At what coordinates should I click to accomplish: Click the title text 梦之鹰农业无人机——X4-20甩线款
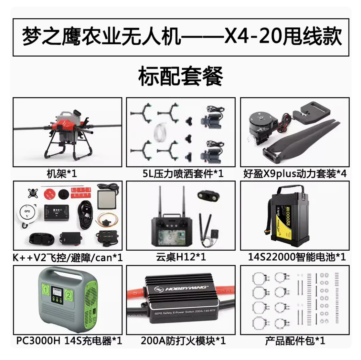pos(181,37)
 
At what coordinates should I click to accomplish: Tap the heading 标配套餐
pos(181,76)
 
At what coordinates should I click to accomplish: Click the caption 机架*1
pos(62,173)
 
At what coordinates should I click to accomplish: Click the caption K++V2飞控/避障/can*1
pos(68,257)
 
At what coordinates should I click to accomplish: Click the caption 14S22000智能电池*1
pos(297,257)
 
